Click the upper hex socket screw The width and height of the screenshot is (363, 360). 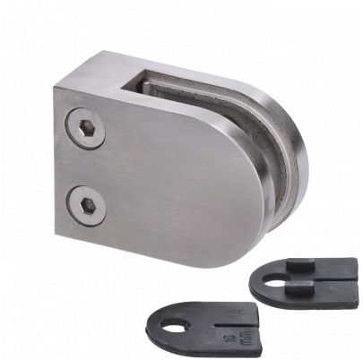coord(86,128)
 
